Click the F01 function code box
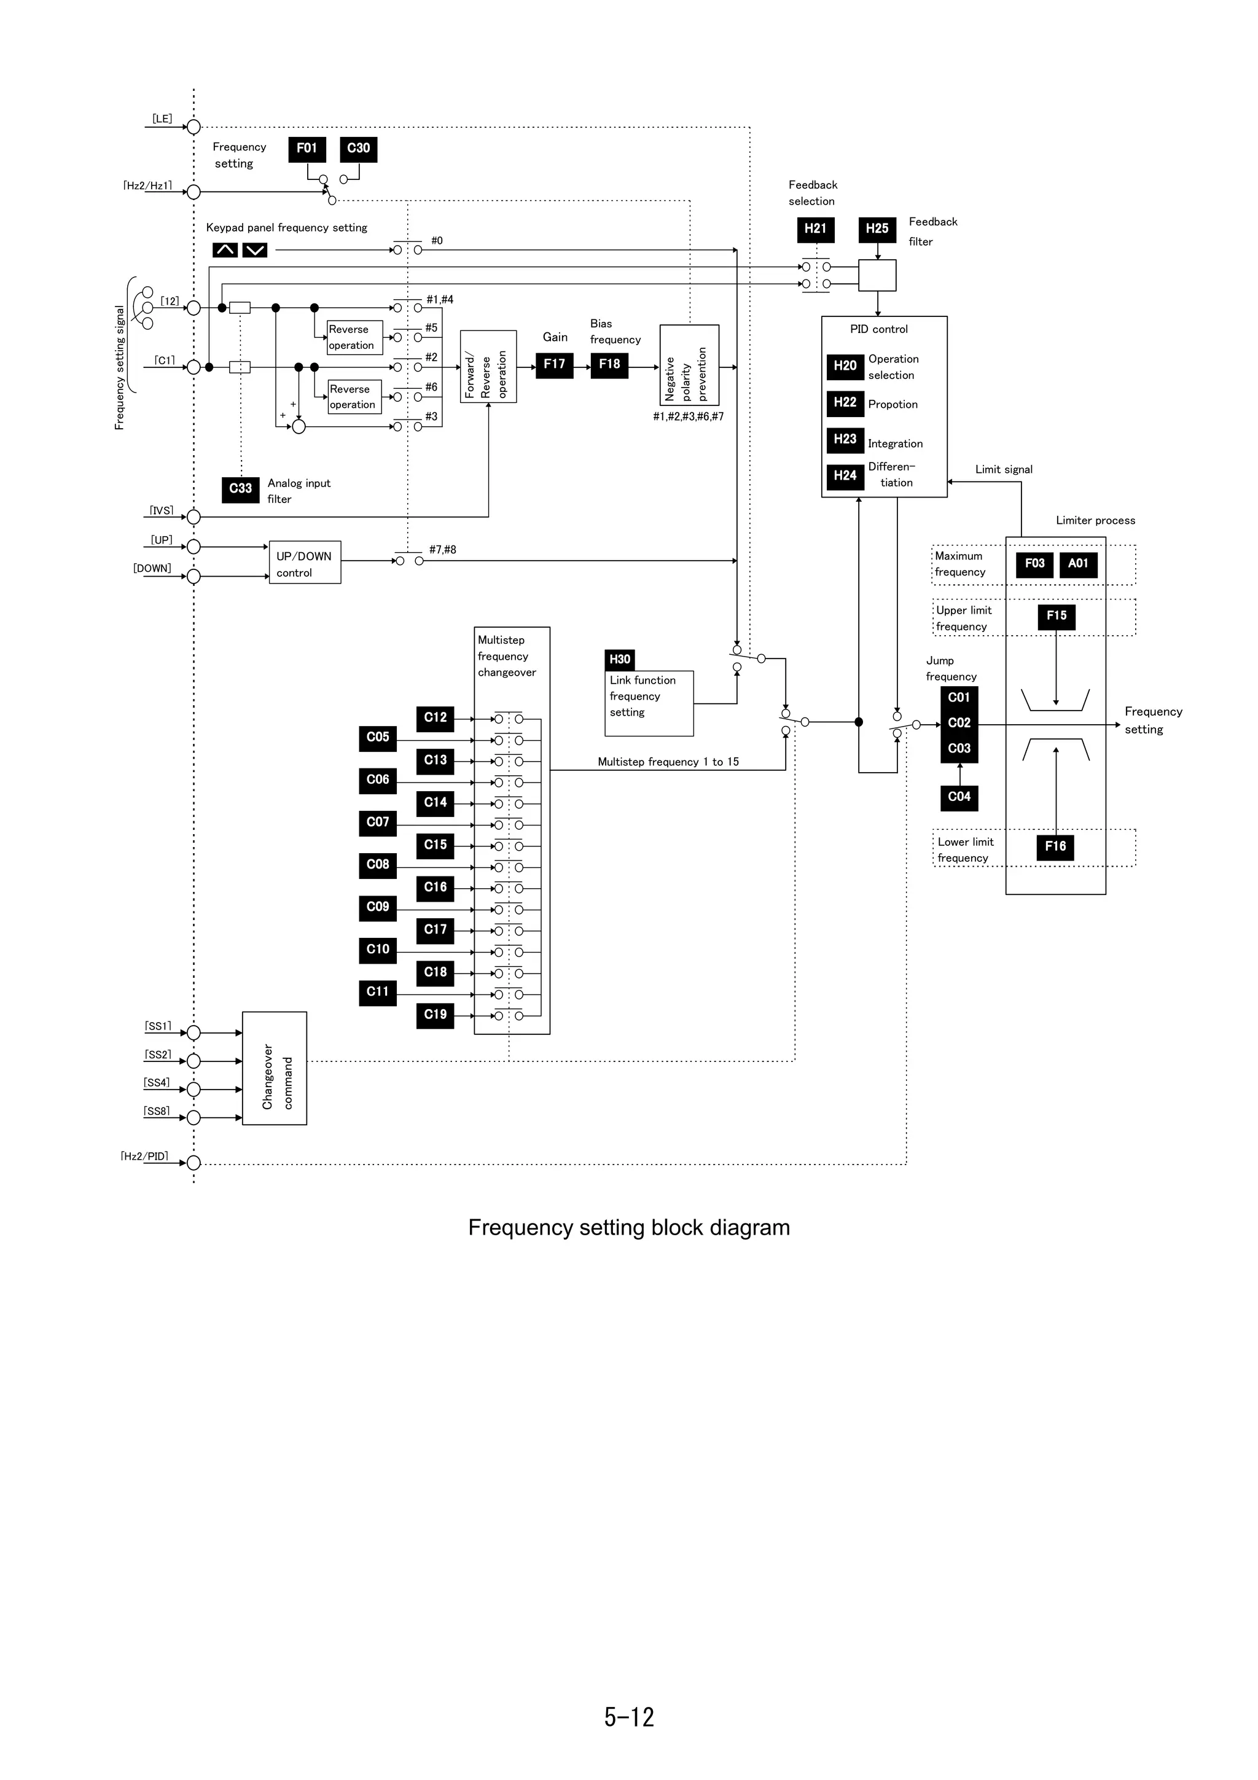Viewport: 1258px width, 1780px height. [307, 149]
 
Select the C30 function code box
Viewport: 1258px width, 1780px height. [358, 149]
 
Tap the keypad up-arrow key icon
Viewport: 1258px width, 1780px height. [225, 249]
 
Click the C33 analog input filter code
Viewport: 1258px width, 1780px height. [240, 489]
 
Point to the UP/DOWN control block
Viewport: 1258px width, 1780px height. [305, 563]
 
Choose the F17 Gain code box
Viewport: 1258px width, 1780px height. [554, 364]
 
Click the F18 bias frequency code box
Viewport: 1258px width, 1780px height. [609, 364]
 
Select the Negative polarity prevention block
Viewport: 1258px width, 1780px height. [689, 365]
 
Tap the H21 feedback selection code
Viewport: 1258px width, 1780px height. [815, 230]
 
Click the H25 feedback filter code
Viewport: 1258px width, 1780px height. [877, 230]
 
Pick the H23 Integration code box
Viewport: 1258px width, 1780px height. [845, 440]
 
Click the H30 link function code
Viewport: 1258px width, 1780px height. [619, 660]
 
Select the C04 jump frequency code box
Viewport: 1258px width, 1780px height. [959, 797]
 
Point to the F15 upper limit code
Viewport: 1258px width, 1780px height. [1057, 616]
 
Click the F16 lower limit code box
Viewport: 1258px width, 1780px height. [1055, 846]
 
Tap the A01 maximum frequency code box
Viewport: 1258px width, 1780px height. [1078, 564]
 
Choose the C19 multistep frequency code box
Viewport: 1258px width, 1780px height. [435, 1015]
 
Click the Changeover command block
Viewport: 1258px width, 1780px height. [275, 1068]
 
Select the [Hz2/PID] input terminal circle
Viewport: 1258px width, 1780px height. [193, 1163]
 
